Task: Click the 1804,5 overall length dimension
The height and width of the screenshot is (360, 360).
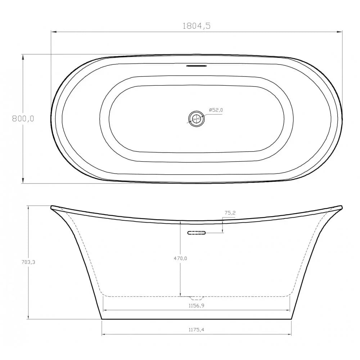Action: coord(196,26)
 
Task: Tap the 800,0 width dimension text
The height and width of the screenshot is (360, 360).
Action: coord(23,119)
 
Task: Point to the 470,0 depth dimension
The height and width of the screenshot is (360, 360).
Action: coord(180,258)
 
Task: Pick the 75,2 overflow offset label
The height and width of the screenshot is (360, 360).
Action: coord(230,213)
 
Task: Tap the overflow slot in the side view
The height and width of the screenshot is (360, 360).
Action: coord(196,233)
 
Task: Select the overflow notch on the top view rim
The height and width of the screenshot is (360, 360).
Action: coord(196,66)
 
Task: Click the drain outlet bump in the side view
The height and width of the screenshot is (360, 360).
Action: coord(196,298)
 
